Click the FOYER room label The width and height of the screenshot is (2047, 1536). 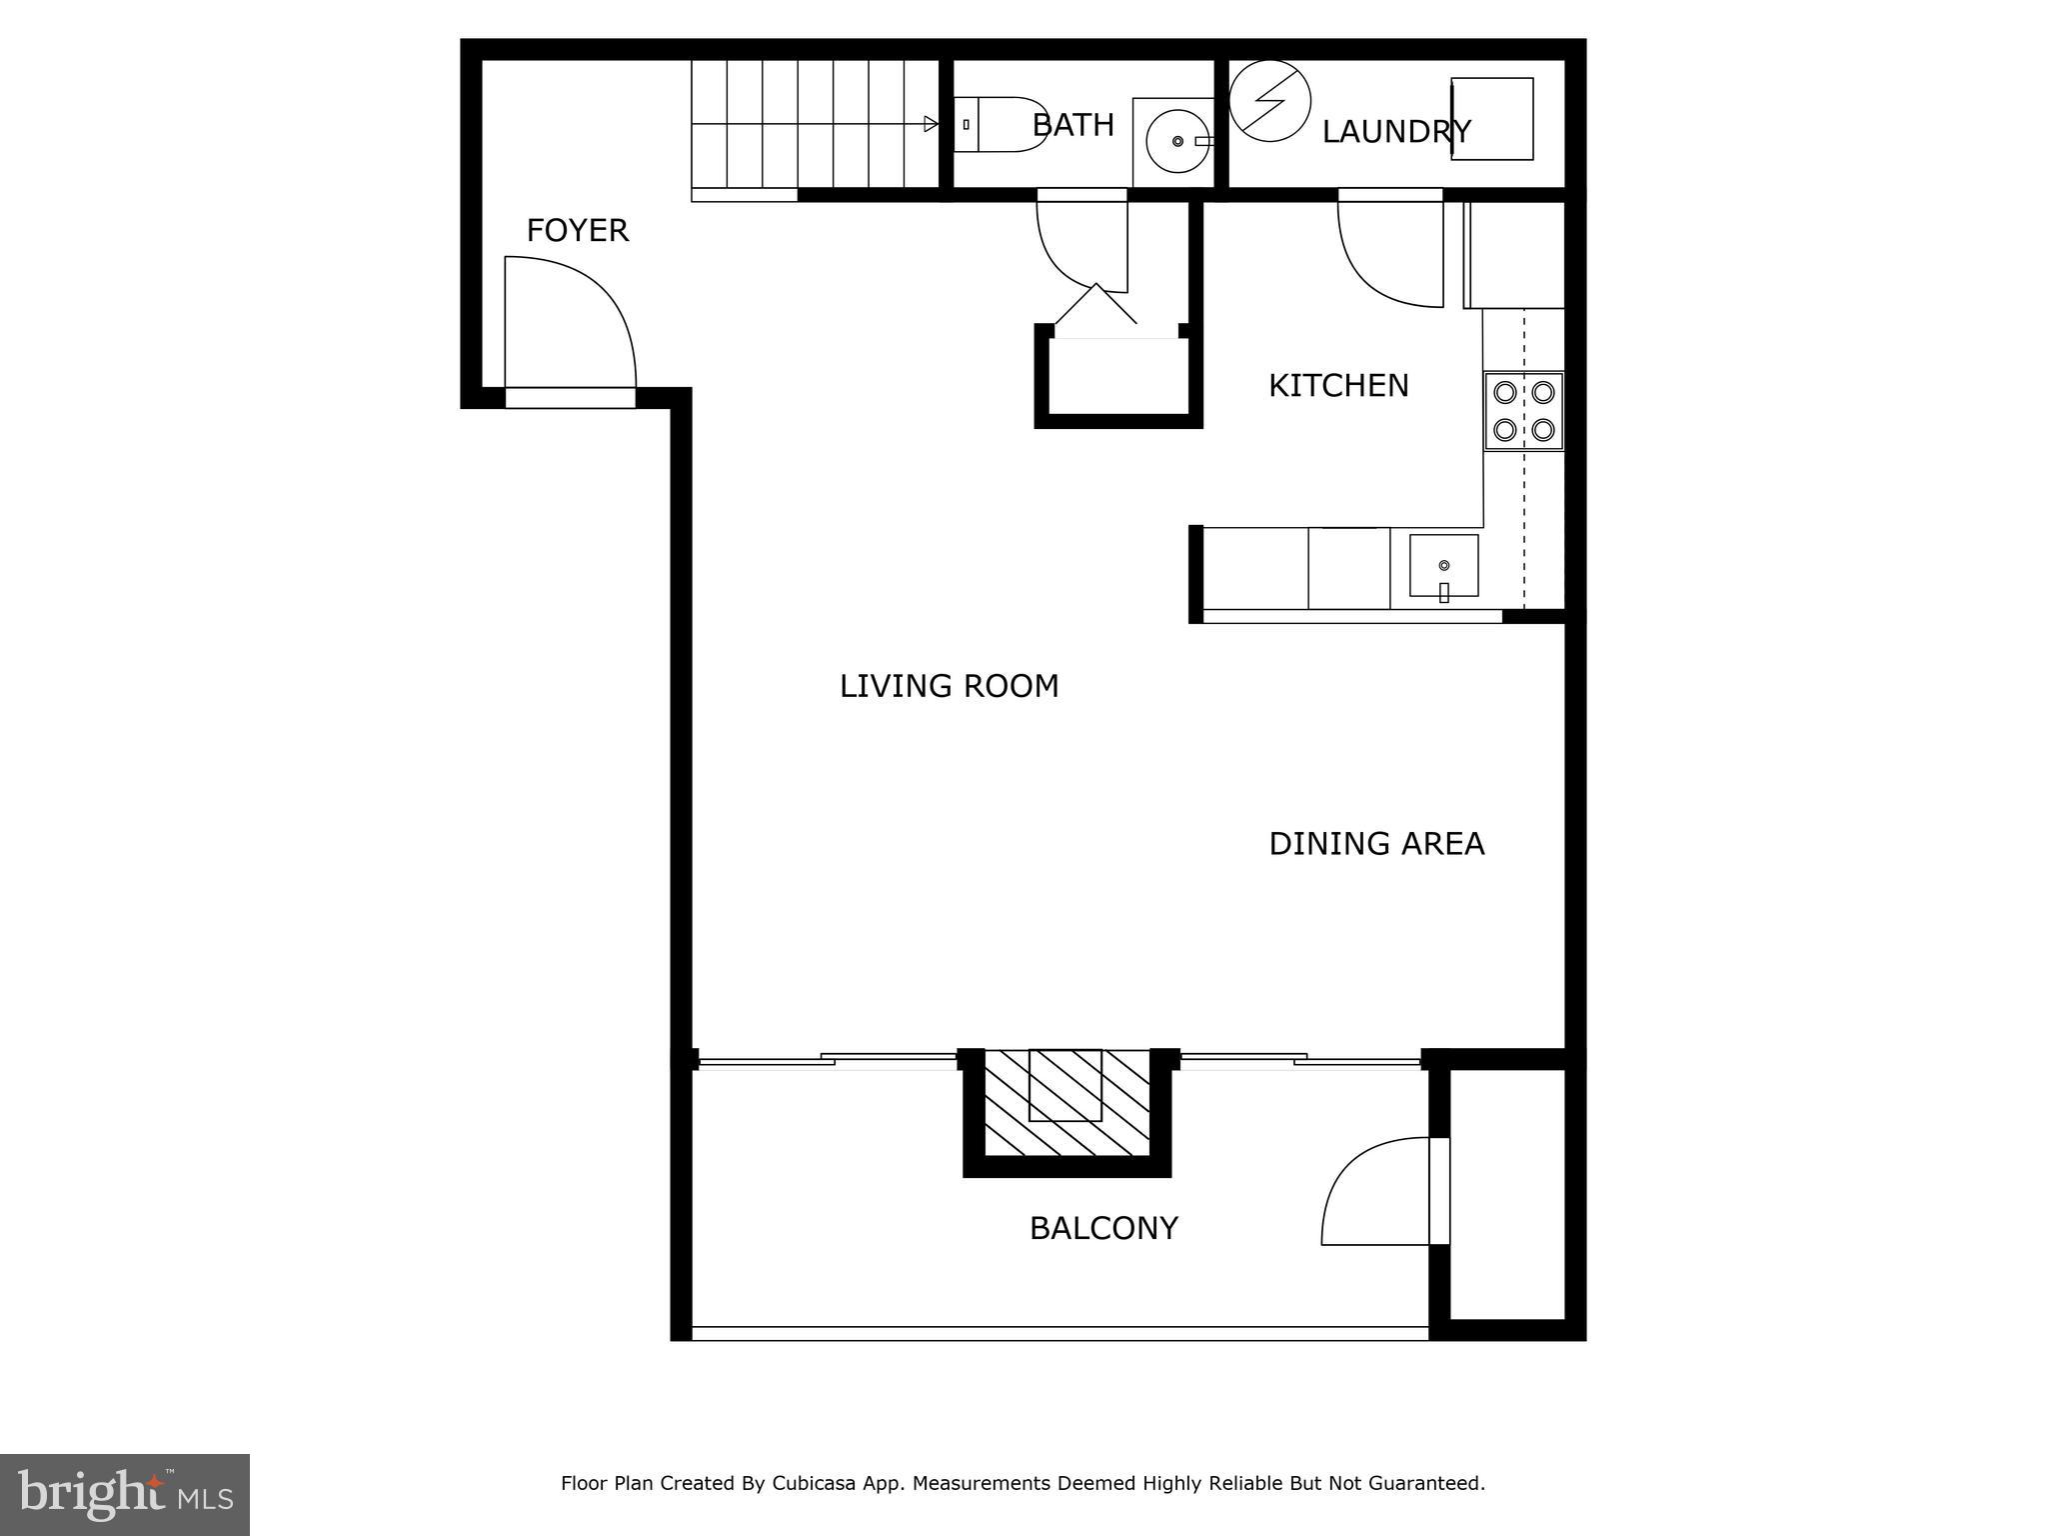tap(577, 231)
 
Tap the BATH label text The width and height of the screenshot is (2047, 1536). tap(1072, 125)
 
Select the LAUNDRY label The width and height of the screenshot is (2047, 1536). tap(1395, 132)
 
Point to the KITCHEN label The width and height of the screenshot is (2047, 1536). tap(1337, 386)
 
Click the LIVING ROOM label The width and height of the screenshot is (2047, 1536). tap(949, 686)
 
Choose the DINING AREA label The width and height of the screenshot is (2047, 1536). tap(1375, 844)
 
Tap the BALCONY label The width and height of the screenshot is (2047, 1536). tap(1103, 1228)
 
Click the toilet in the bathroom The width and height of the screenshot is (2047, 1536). tap(999, 125)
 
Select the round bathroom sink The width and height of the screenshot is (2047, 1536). tap(1177, 142)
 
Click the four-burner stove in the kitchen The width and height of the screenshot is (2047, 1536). tap(1522, 411)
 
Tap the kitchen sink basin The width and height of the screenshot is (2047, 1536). tap(1443, 566)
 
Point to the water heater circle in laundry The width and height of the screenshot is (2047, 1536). tap(1269, 101)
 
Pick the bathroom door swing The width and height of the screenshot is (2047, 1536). tap(1081, 245)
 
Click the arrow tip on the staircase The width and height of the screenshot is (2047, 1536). tap(932, 124)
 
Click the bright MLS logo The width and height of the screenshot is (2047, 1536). tap(125, 1495)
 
